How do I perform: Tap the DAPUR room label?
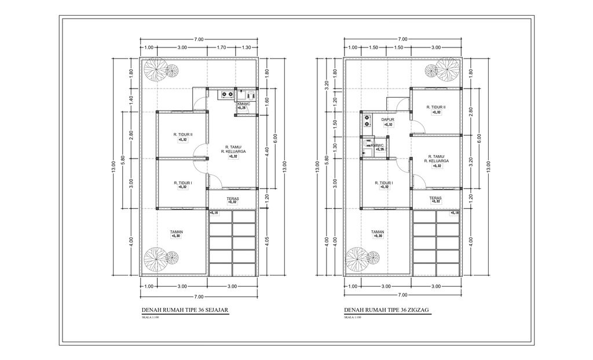pyautogui.click(x=387, y=120)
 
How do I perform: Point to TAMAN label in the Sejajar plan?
pyautogui.click(x=176, y=233)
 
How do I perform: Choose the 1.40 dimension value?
pyautogui.click(x=131, y=99)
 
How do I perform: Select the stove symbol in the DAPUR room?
pyautogui.click(x=366, y=120)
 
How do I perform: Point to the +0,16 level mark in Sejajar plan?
pyautogui.click(x=214, y=214)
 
